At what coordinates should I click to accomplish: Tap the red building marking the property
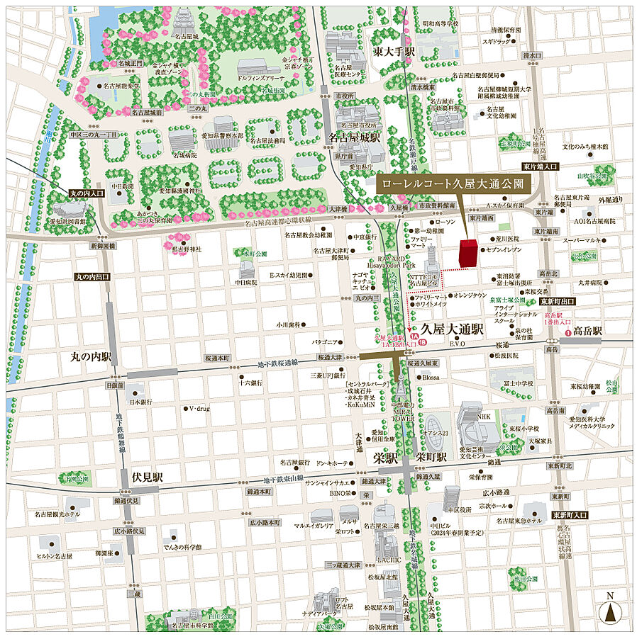tap(468, 254)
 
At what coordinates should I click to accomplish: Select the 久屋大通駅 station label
tap(452, 329)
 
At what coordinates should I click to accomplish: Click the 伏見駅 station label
tap(147, 477)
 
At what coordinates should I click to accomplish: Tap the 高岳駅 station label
tap(587, 331)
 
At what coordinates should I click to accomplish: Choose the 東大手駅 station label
tap(394, 53)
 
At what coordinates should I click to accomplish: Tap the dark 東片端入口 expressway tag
tap(541, 166)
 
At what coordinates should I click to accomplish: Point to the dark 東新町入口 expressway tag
tap(572, 516)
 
